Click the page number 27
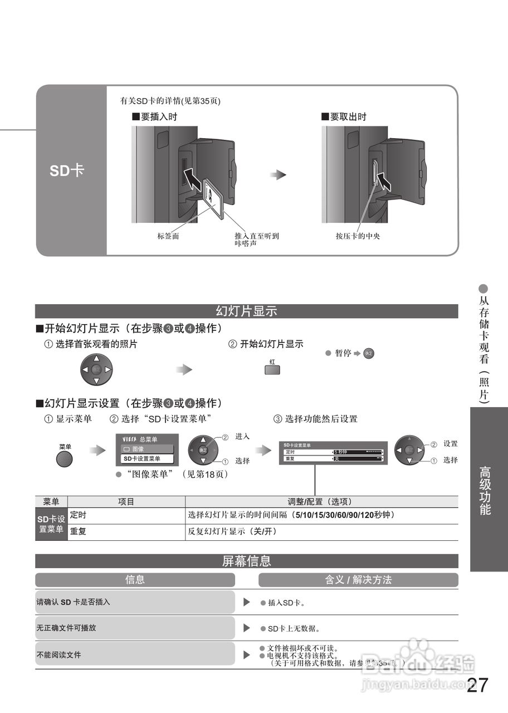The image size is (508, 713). click(x=477, y=685)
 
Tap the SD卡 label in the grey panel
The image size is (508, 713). click(x=67, y=170)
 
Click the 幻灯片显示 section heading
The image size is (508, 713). click(x=246, y=311)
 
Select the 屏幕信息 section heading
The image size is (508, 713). click(x=246, y=561)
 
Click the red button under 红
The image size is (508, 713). click(x=272, y=370)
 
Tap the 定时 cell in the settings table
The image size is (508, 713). click(x=79, y=515)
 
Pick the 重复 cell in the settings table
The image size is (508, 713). click(x=79, y=532)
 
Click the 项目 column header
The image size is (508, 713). click(x=126, y=501)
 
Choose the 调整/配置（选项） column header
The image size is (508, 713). click(x=321, y=501)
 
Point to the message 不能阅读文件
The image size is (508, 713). click(x=59, y=655)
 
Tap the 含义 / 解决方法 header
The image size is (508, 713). click(x=358, y=580)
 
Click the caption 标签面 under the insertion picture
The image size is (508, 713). click(x=168, y=236)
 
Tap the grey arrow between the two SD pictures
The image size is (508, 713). click(x=278, y=175)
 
